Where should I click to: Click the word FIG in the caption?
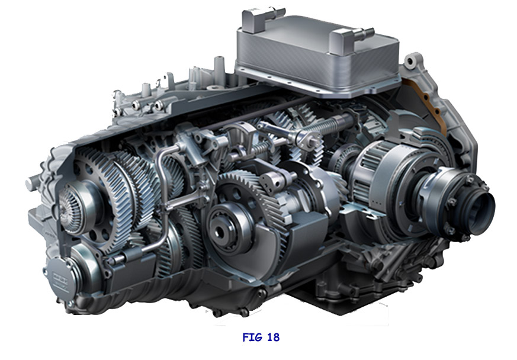(253, 337)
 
